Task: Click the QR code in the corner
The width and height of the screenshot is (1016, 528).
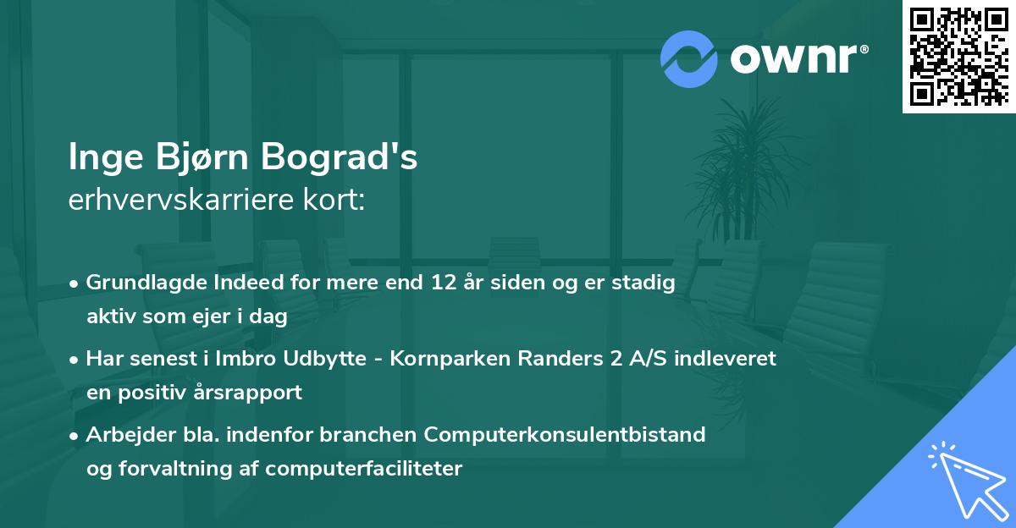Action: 958,57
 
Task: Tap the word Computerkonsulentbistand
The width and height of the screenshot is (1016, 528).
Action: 565,434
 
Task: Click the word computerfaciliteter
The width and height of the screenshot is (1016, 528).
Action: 373,468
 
